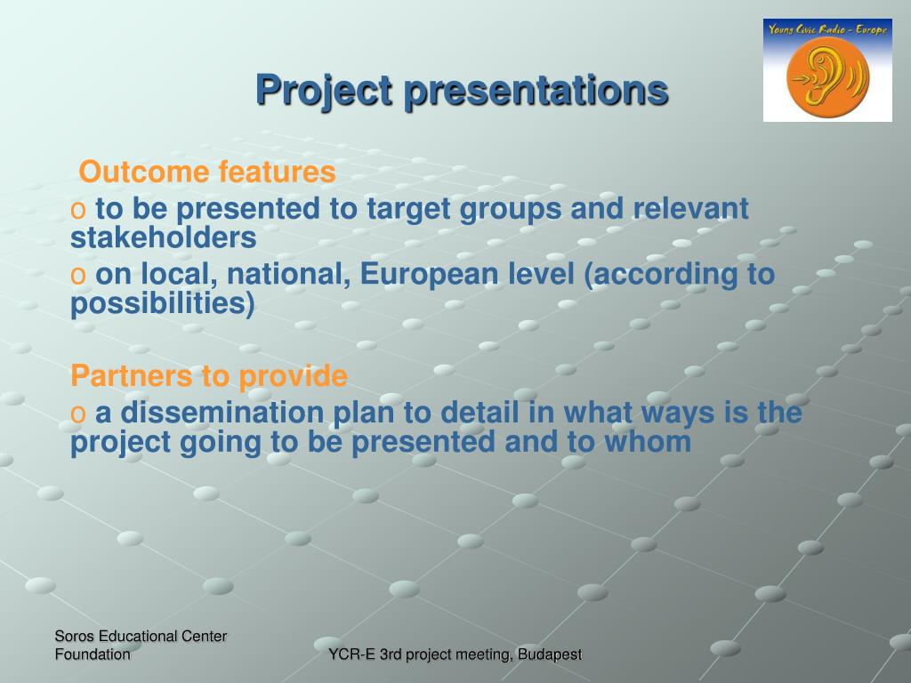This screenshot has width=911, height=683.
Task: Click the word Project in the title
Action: click(x=324, y=91)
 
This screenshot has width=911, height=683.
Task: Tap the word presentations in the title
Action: click(x=536, y=91)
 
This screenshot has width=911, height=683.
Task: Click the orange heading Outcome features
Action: click(x=207, y=172)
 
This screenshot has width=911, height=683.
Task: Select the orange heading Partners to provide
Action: click(x=209, y=376)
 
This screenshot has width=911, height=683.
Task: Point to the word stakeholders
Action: click(x=164, y=237)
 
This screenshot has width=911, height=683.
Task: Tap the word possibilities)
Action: click(x=163, y=304)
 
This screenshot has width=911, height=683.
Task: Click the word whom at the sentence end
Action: click(x=648, y=441)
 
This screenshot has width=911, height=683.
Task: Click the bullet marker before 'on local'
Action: click(x=78, y=276)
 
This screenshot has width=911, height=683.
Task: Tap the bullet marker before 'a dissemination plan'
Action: click(x=78, y=414)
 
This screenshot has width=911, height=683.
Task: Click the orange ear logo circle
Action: click(x=828, y=77)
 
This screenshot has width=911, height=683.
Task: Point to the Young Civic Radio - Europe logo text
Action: click(x=827, y=29)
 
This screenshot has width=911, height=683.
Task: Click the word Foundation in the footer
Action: click(x=93, y=655)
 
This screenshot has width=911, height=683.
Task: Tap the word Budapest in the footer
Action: click(x=550, y=655)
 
